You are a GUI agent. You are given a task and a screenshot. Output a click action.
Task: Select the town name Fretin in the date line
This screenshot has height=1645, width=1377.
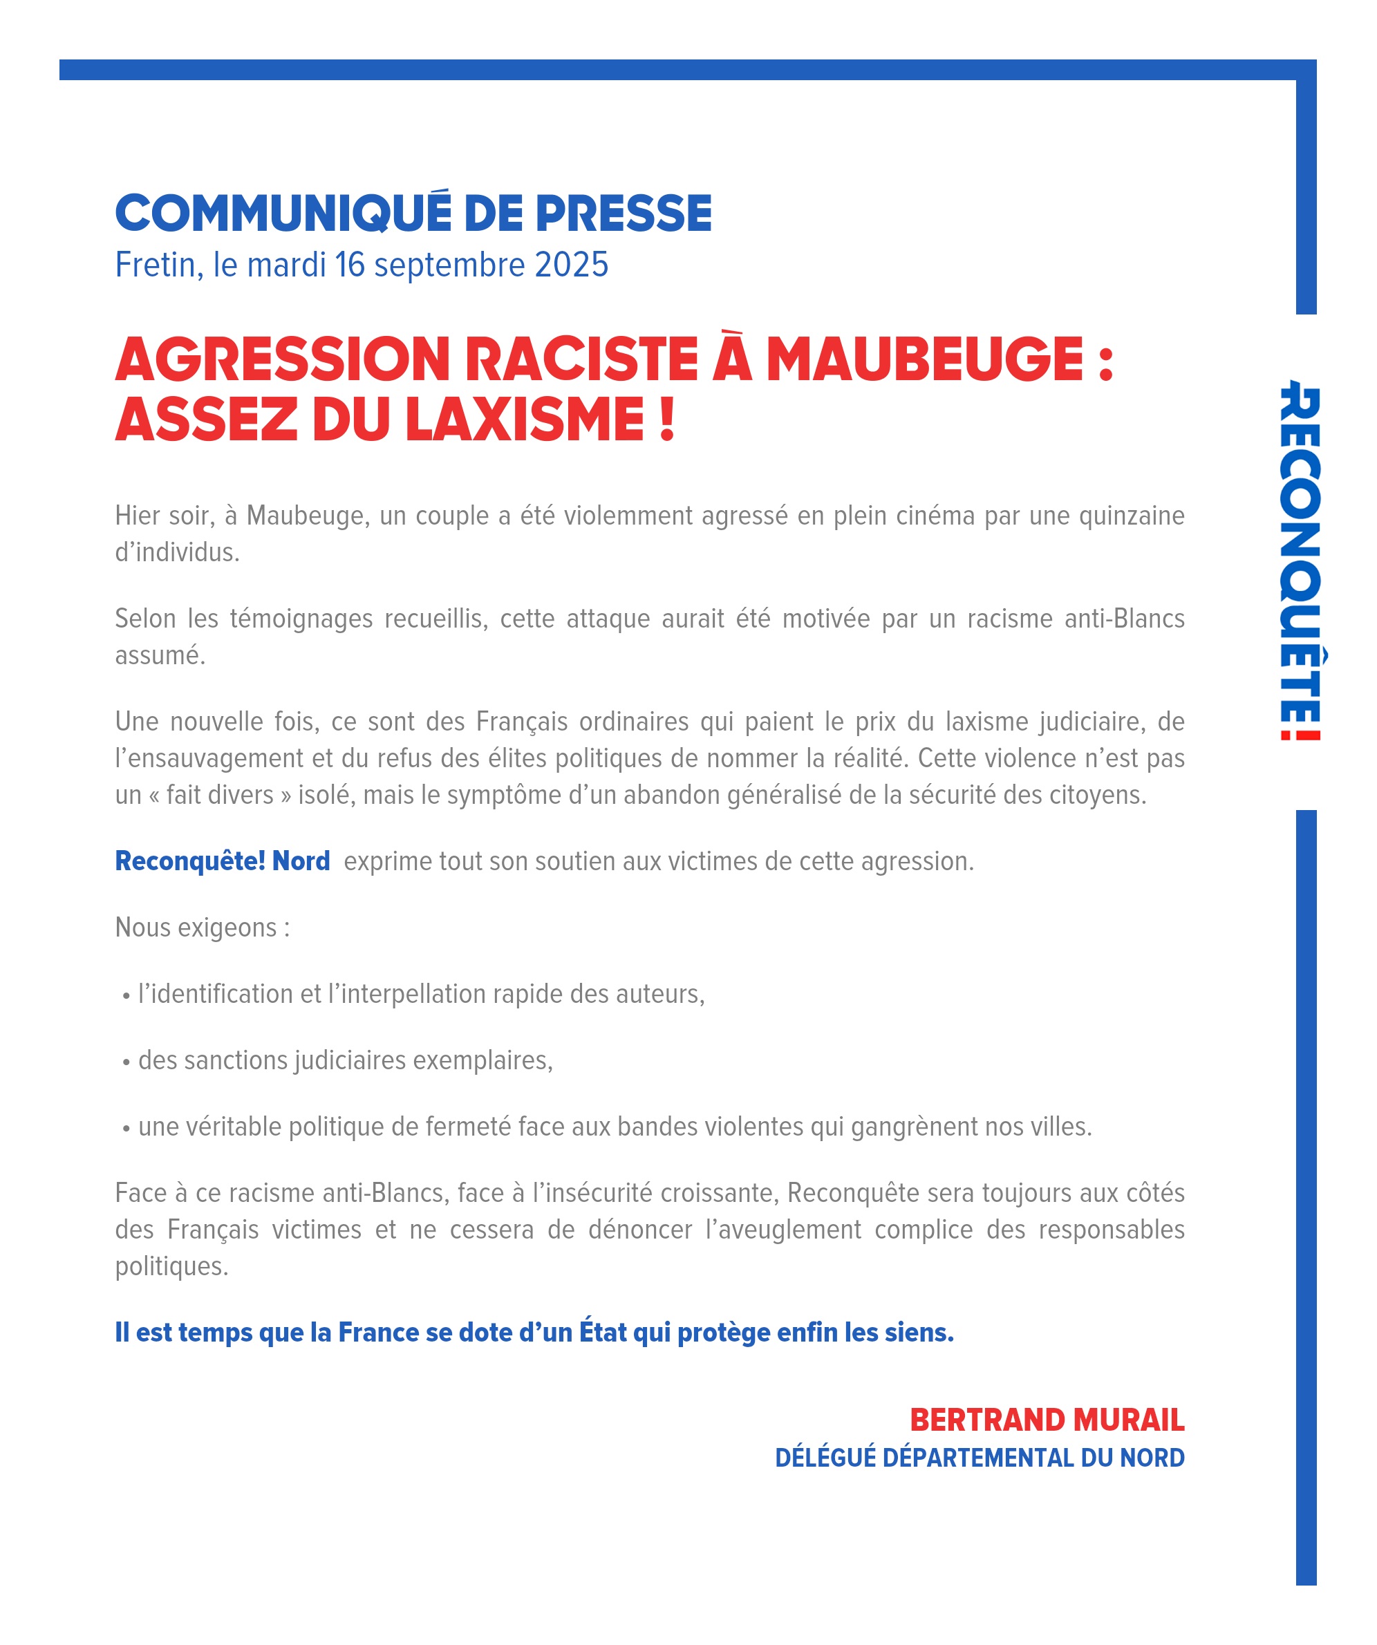pos(155,265)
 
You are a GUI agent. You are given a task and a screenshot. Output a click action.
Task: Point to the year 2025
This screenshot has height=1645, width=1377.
pos(571,265)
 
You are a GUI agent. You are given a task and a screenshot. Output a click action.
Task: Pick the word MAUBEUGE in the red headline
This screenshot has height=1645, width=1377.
pos(924,359)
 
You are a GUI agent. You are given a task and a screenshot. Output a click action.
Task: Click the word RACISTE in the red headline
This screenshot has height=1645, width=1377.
pos(581,359)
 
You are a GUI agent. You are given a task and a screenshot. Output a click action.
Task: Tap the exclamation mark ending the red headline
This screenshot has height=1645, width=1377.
pos(666,420)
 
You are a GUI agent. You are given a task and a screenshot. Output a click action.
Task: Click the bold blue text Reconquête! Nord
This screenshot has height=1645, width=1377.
pos(223,861)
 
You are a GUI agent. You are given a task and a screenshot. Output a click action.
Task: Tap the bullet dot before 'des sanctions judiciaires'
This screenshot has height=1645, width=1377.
pos(126,1062)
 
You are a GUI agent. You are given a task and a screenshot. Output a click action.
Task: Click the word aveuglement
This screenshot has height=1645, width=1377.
pos(783,1229)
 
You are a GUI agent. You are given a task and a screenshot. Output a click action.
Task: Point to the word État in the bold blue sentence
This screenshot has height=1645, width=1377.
pos(602,1333)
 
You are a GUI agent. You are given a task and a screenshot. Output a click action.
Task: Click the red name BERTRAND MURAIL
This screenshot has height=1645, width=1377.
pos(1047,1420)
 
